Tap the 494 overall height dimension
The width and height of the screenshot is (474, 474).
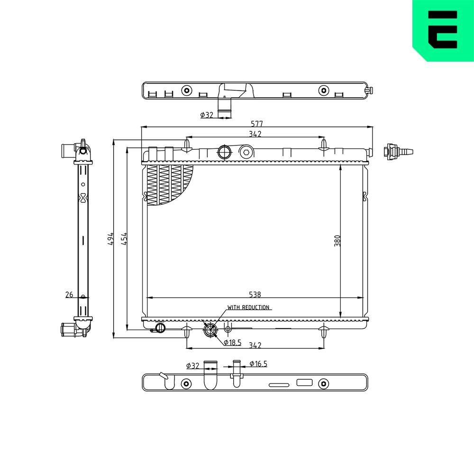tap(110, 238)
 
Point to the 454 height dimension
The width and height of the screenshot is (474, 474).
tap(124, 238)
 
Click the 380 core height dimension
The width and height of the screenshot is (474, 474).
tap(337, 241)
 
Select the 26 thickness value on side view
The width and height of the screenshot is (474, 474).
tap(69, 295)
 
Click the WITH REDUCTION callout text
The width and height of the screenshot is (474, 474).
tap(248, 307)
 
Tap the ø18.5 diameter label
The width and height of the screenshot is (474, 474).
tap(233, 342)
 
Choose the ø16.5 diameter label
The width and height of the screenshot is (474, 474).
tap(258, 364)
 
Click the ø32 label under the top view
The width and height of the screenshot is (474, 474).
tap(207, 115)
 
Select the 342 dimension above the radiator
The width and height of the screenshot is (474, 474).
tap(255, 134)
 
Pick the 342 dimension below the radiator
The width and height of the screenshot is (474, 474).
tap(255, 345)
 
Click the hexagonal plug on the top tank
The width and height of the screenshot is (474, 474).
tap(245, 152)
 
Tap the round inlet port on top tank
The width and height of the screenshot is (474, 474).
tap(224, 152)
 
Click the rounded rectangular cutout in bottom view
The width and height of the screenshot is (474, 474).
tap(304, 383)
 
